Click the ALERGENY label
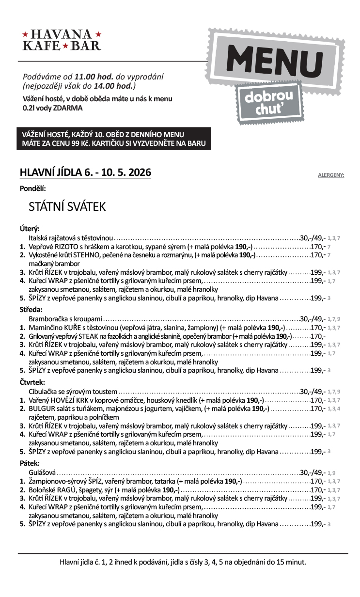(x=331, y=175)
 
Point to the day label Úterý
(x=30, y=229)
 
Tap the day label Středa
(x=31, y=309)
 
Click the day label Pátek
(x=30, y=463)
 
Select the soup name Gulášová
(x=43, y=472)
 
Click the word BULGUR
(x=41, y=408)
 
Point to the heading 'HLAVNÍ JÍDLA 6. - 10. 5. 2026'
(x=85, y=173)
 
